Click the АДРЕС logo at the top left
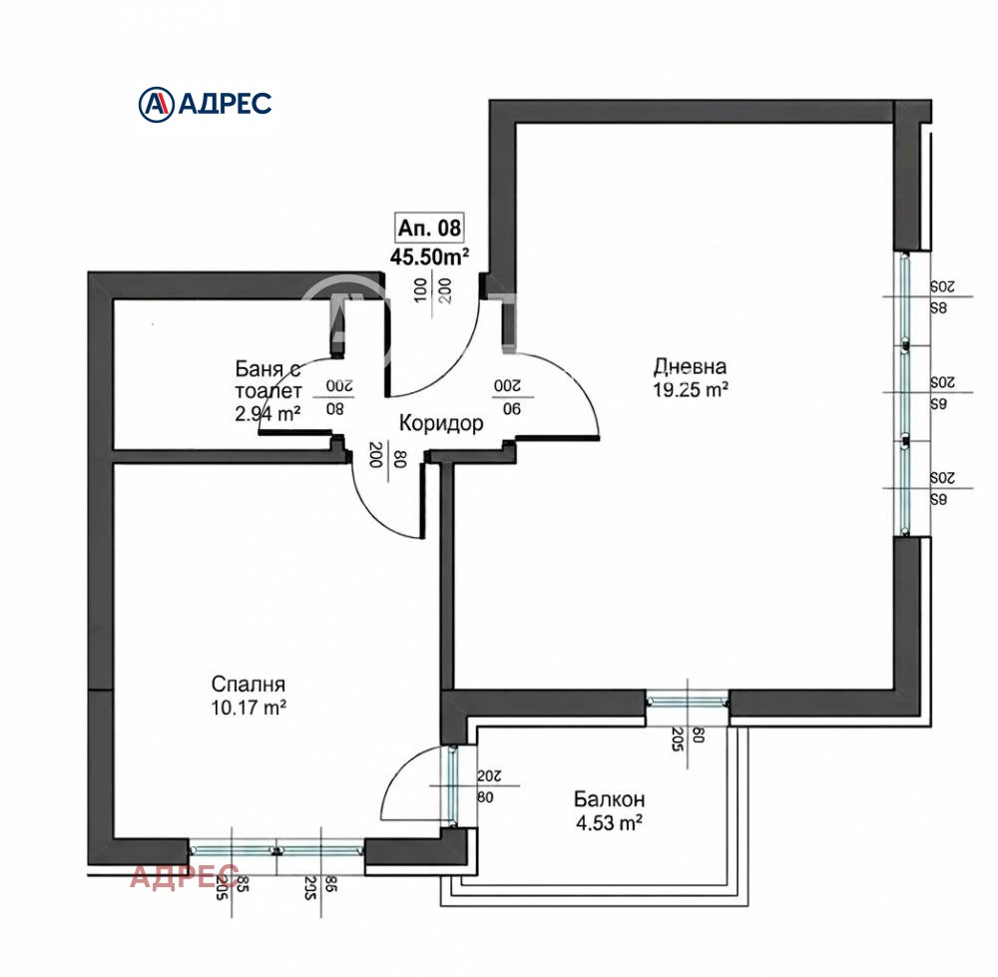204,102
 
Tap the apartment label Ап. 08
430,228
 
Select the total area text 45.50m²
430,256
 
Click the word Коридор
441,424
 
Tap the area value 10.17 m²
249,709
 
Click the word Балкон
609,799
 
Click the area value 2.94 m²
267,413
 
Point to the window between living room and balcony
687,702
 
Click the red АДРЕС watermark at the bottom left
185,876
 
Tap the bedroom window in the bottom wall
276,849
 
